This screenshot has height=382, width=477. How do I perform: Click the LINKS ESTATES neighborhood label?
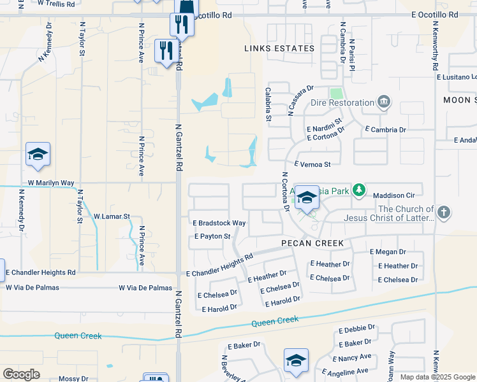click(x=279, y=48)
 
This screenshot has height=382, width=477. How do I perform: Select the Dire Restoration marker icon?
click(x=384, y=102)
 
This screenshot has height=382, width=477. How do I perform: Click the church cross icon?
click(x=444, y=213)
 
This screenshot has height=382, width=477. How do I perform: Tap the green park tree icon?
click(x=360, y=190)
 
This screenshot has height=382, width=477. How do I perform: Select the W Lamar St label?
click(x=112, y=216)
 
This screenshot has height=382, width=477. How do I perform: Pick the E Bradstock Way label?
click(x=219, y=223)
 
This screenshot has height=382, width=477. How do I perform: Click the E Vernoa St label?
click(x=312, y=164)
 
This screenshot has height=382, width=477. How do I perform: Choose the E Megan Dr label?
click(x=388, y=252)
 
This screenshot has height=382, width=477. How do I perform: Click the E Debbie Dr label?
click(x=357, y=330)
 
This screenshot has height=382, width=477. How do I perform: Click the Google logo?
click(x=21, y=374)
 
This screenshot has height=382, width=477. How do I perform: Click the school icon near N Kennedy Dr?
click(x=38, y=155)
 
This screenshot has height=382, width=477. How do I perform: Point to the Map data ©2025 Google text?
click(x=437, y=377)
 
